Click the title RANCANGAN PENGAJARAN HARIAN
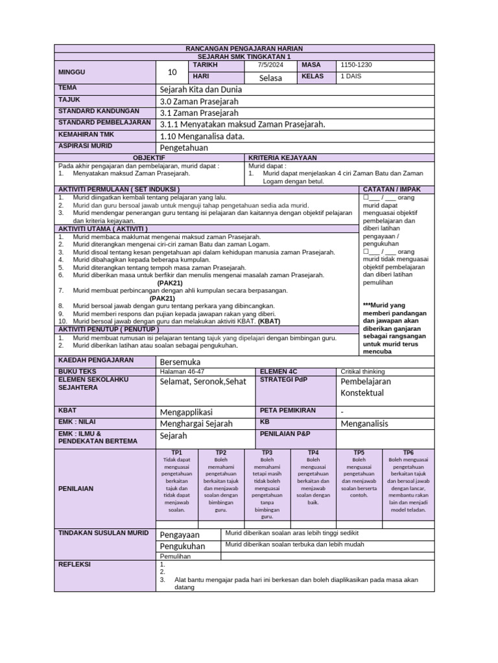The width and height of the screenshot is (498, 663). pos(244,49)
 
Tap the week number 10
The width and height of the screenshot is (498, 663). pos(172,72)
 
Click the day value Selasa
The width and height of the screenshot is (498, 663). pos(270,78)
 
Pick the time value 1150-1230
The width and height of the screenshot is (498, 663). pos(356,65)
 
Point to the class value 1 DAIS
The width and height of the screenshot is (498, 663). pos(353,76)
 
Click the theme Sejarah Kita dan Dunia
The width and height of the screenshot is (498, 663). pos(200,89)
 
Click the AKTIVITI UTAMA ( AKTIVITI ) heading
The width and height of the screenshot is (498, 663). pos(103,229)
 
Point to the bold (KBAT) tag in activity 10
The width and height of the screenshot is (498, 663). pos(270,321)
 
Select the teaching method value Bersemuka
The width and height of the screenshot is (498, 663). pos(180,361)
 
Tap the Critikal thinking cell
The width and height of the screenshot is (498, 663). pos(362,372)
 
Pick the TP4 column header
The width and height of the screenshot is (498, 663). pos(313,452)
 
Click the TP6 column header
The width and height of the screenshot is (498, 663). pos(408,452)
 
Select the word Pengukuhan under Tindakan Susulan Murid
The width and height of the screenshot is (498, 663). pos(182,546)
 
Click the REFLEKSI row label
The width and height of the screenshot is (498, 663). pos(75,564)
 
